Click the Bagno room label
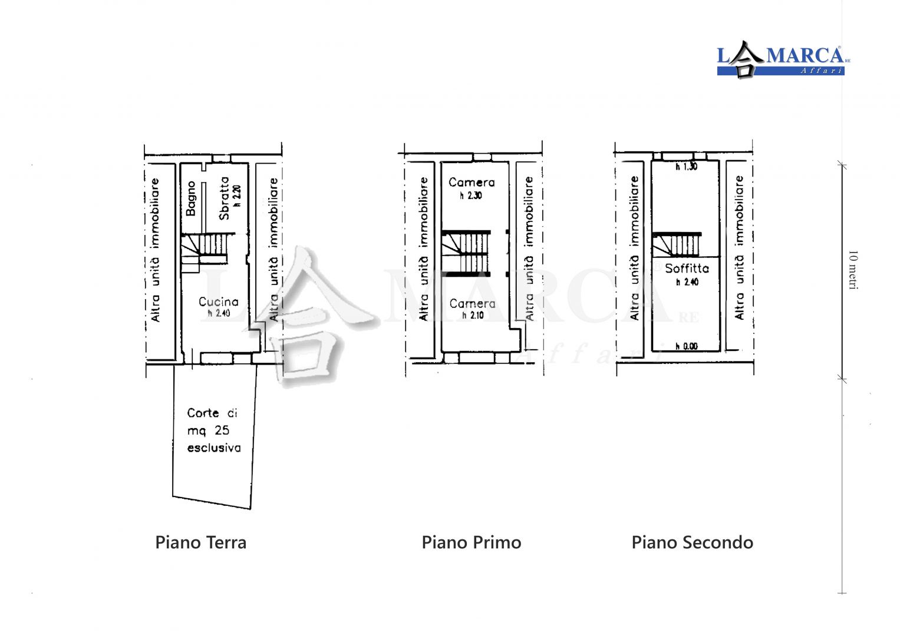(191, 198)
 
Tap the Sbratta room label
(224, 198)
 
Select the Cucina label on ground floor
(218, 302)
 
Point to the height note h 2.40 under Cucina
(219, 313)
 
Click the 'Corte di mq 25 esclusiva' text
(214, 430)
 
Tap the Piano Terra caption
(200, 542)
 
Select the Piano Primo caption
(472, 542)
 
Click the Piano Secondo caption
(693, 542)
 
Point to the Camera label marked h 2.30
(472, 183)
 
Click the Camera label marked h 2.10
(472, 303)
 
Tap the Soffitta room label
(687, 268)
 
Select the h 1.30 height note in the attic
(686, 167)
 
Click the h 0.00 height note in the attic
(686, 346)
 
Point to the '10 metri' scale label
(853, 270)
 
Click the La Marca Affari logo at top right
(783, 60)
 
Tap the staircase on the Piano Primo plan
(466, 254)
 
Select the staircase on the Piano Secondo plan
(677, 244)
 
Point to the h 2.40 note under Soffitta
(687, 282)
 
